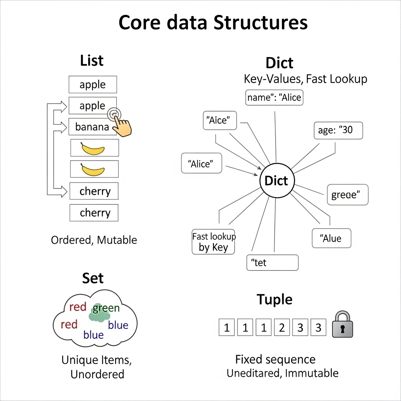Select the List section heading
click(92, 61)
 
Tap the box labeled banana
click(92, 127)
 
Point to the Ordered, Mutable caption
click(94, 240)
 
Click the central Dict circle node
click(276, 181)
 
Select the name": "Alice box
click(275, 98)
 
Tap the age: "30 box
click(338, 130)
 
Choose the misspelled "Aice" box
click(220, 120)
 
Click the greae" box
click(347, 195)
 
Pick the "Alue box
click(331, 238)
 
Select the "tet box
click(273, 262)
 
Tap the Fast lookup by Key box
click(213, 242)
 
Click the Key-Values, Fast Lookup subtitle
click(305, 79)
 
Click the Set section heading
click(93, 278)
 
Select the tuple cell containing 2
click(282, 327)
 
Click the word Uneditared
click(253, 373)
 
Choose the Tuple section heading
click(275, 300)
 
